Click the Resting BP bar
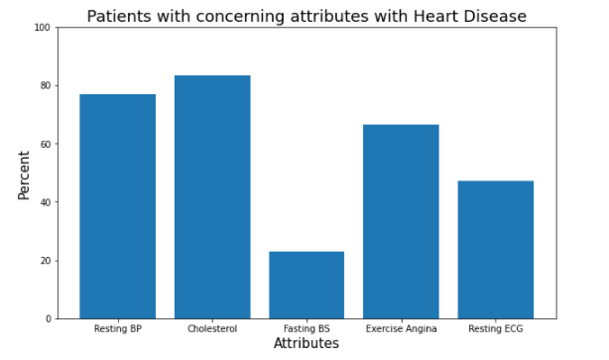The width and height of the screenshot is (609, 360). click(117, 206)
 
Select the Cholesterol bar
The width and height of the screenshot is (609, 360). click(212, 197)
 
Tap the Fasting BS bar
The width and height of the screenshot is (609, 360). click(306, 285)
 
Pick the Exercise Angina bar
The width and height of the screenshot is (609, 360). click(401, 221)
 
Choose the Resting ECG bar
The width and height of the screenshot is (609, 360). click(495, 249)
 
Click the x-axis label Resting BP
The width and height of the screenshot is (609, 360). click(117, 328)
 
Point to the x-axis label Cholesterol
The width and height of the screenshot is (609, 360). click(212, 328)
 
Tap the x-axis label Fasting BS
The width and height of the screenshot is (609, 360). click(306, 328)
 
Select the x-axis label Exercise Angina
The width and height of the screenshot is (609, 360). click(401, 328)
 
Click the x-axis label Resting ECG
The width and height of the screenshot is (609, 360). click(495, 328)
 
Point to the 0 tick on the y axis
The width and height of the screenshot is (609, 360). click(46, 319)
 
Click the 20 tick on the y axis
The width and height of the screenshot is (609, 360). click(44, 261)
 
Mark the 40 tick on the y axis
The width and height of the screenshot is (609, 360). click(44, 202)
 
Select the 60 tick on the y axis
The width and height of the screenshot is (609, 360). click(44, 144)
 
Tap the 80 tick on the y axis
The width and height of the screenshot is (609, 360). click(44, 86)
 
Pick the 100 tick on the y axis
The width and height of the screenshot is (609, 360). click(42, 28)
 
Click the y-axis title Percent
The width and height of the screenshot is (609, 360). click(24, 174)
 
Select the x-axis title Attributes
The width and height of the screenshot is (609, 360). click(305, 344)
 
